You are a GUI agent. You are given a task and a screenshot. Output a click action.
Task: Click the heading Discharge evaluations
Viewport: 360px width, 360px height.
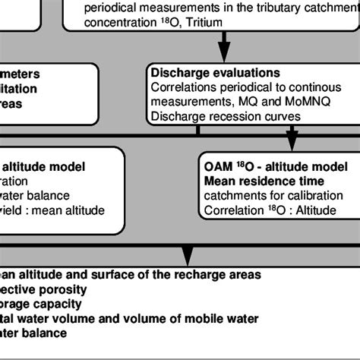216,74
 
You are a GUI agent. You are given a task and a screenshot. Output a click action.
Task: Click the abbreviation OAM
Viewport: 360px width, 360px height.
219,166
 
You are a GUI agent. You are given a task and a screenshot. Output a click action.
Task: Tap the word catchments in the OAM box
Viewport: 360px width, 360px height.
232,195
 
